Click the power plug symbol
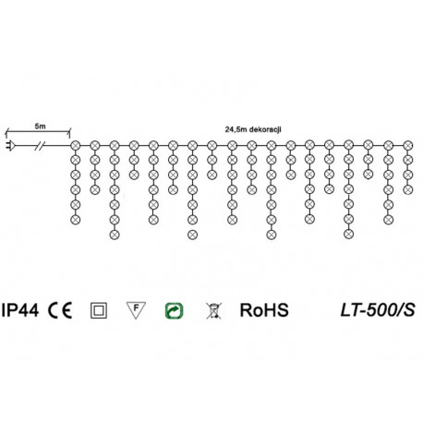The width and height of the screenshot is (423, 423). click(x=9, y=145)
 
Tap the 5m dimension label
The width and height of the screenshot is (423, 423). click(x=40, y=126)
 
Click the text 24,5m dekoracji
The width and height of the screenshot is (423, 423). click(x=253, y=129)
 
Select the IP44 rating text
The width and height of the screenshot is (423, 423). click(x=20, y=310)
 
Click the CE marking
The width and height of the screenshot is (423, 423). click(x=60, y=310)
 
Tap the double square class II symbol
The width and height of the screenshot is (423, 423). click(x=99, y=310)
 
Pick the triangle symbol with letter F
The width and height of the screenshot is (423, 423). click(x=136, y=310)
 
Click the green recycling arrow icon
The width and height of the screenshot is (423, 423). click(x=175, y=310)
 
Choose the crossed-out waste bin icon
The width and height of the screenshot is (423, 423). click(x=213, y=310)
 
